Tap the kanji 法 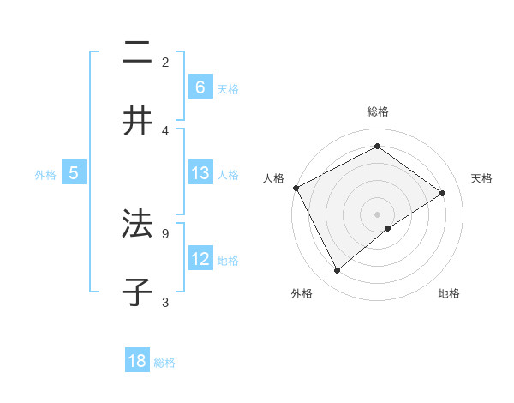coord(137,224)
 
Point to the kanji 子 coord(137,292)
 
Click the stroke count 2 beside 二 coord(165,62)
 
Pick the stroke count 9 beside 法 coord(165,232)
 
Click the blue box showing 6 coord(200,87)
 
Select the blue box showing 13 coord(200,173)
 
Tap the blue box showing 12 coord(200,259)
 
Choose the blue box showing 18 coord(137,361)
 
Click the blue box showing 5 coord(74,173)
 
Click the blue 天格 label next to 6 coord(228,88)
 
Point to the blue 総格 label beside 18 coord(164,363)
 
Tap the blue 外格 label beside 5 coord(45,175)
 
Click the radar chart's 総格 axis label coord(378,111)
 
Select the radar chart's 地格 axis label coord(449,293)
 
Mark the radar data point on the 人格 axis coord(296,188)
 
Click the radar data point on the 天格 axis coord(443,193)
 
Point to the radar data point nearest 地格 coord(388,228)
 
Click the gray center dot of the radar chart coord(378,214)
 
